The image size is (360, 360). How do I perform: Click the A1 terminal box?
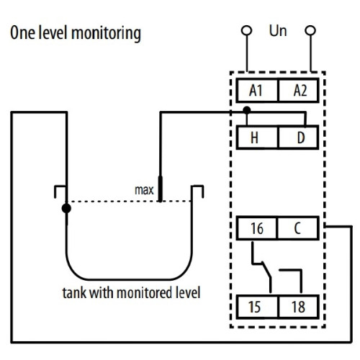pyautogui.click(x=257, y=91)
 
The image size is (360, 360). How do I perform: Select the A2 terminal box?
pyautogui.click(x=299, y=91)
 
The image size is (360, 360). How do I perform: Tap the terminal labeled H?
pyautogui.click(x=257, y=138)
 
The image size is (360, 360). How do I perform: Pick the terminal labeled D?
pyautogui.click(x=299, y=138)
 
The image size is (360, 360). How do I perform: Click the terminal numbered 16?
pyautogui.click(x=257, y=228)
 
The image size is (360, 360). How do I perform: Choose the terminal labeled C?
pyautogui.click(x=298, y=228)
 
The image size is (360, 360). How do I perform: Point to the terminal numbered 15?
pyautogui.click(x=257, y=307)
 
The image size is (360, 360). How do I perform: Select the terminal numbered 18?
pyautogui.click(x=299, y=307)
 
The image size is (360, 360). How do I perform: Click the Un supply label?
pyautogui.click(x=278, y=31)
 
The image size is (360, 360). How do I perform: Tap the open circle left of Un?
pyautogui.click(x=247, y=30)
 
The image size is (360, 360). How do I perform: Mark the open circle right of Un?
pyautogui.click(x=310, y=30)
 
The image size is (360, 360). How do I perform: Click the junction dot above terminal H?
pyautogui.click(x=247, y=110)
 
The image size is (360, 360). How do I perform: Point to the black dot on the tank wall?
pyautogui.click(x=66, y=208)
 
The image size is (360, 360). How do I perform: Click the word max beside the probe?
pyautogui.click(x=144, y=190)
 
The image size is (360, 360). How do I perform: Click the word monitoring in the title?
pyautogui.click(x=106, y=34)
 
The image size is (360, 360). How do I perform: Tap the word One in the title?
pyautogui.click(x=22, y=32)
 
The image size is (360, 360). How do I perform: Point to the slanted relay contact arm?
pyautogui.click(x=267, y=270)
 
